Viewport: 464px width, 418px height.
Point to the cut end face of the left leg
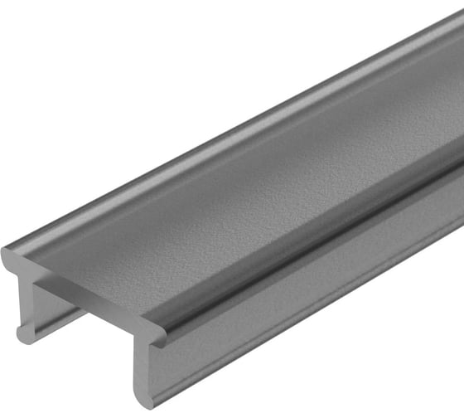tap(26, 307)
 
